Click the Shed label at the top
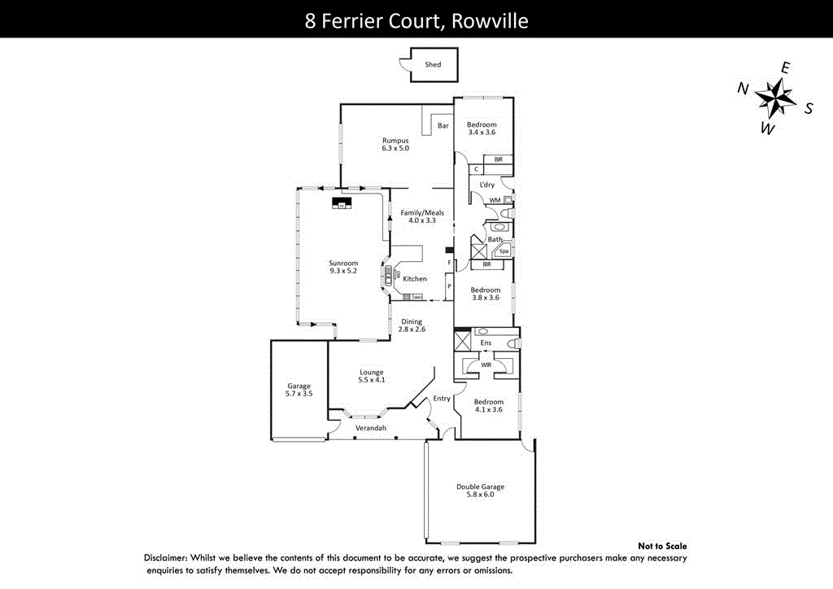point(433,64)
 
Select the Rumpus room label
point(395,143)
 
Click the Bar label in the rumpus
point(443,125)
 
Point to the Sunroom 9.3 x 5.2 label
point(342,267)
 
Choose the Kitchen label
point(415,279)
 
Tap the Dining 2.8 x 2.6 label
point(412,325)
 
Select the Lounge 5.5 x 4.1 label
point(371,377)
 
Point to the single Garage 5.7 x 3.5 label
point(299,390)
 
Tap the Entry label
point(442,399)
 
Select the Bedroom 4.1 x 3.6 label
point(489,406)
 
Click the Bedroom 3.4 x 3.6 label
point(482,128)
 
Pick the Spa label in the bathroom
point(504,251)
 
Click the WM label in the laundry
point(494,199)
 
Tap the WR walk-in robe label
point(485,365)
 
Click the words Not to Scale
point(662,546)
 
